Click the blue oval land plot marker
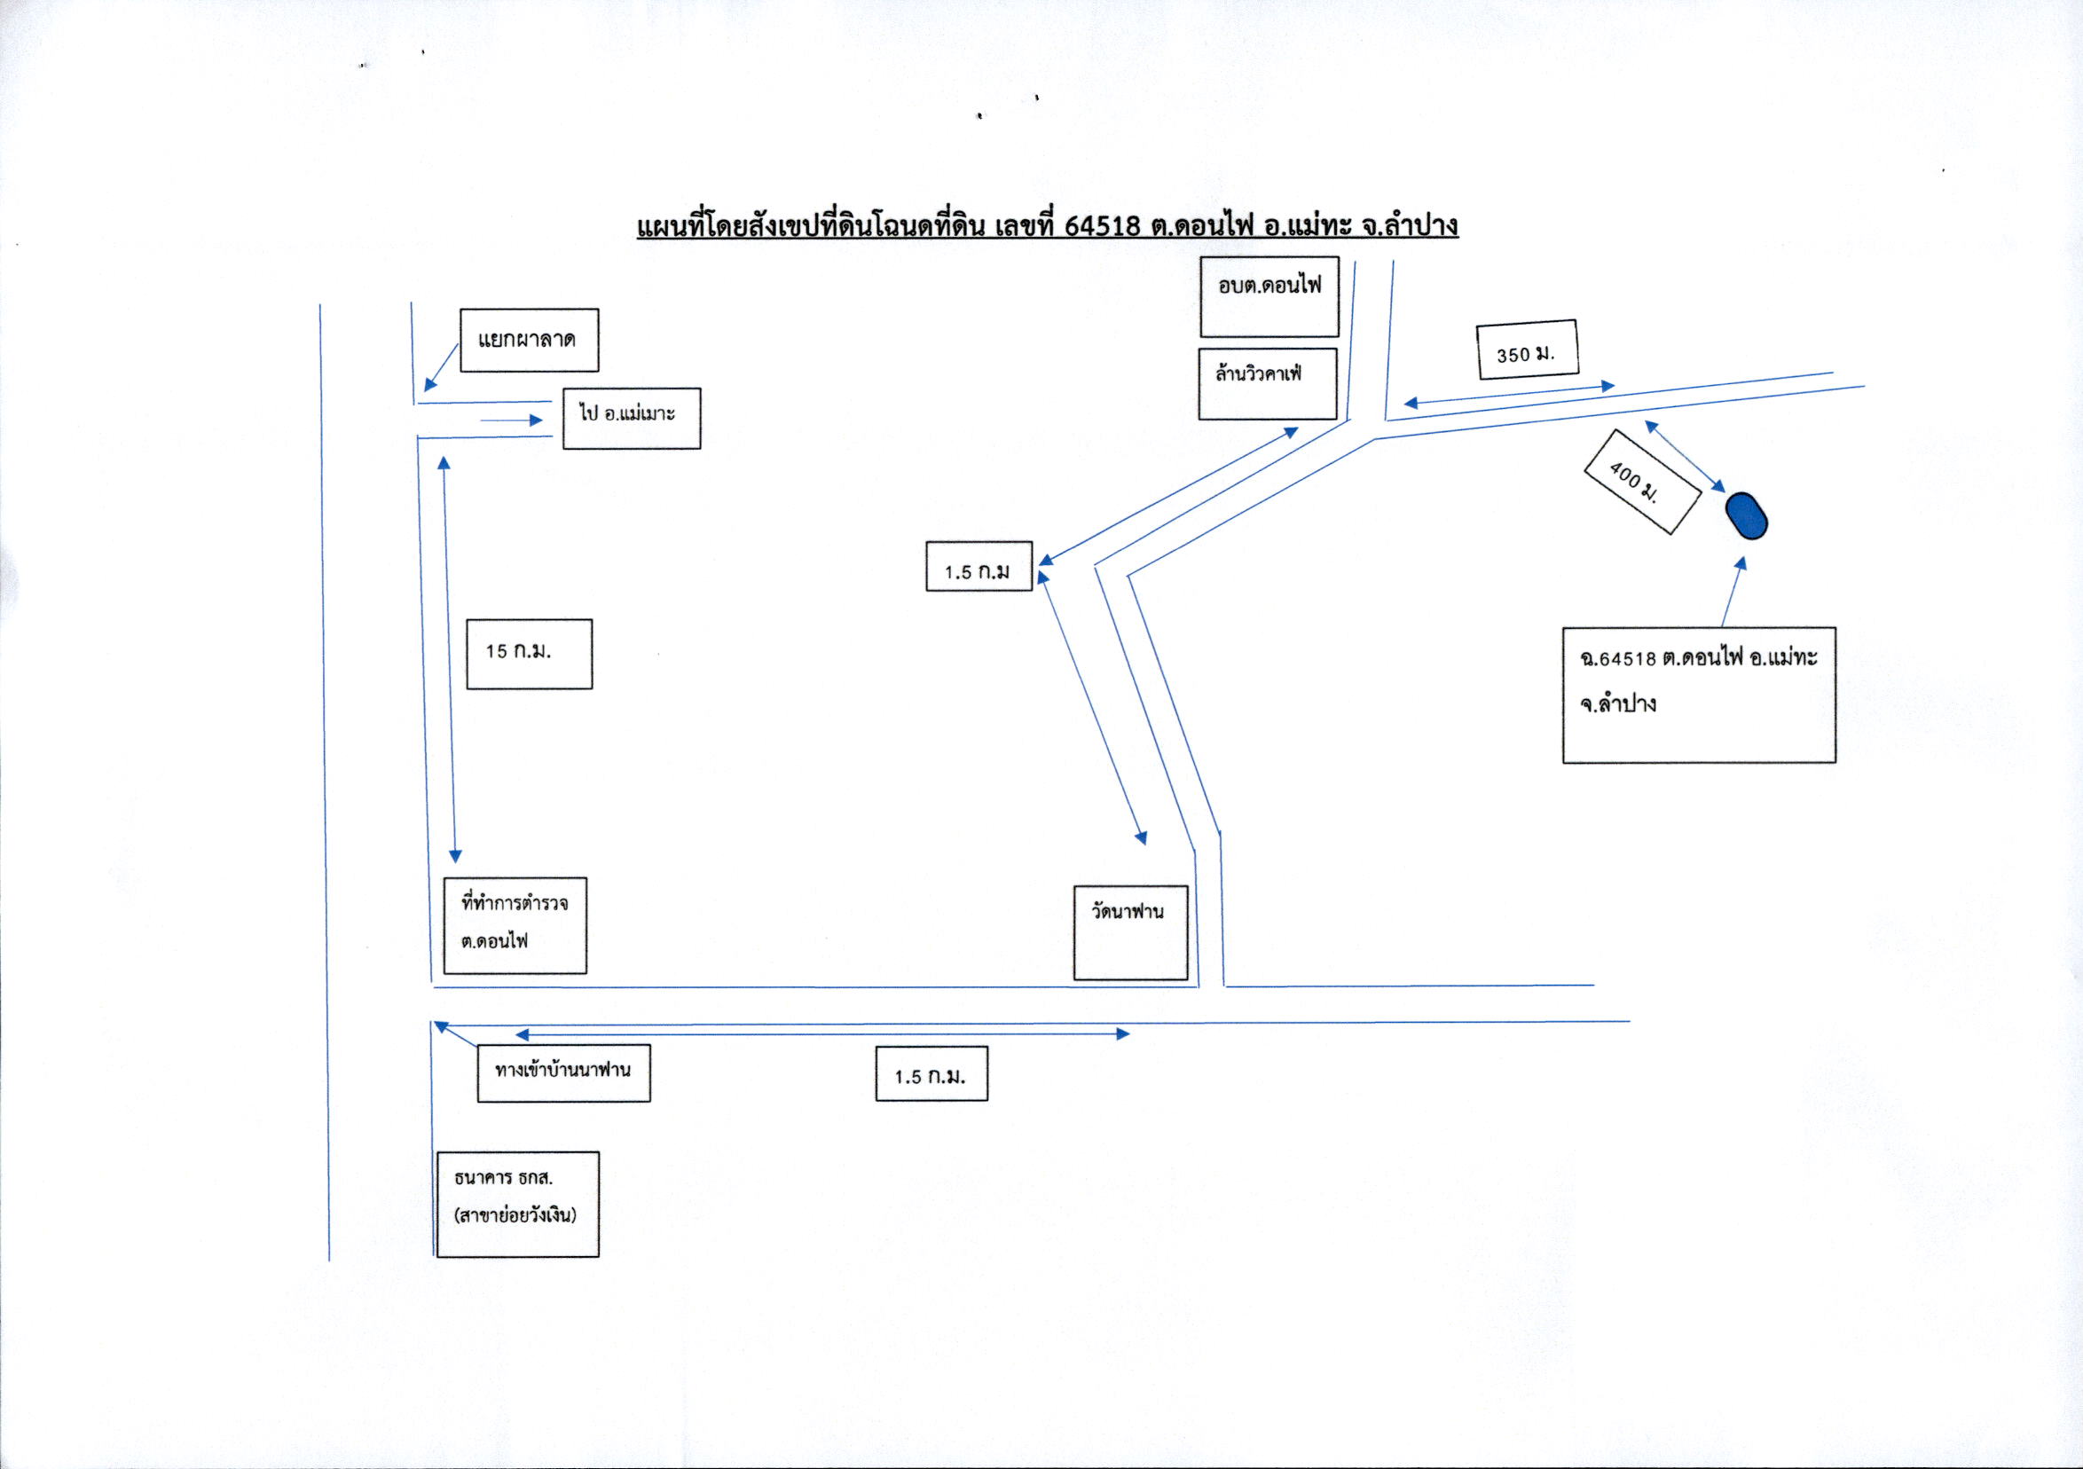(x=1747, y=515)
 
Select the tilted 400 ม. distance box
(x=1641, y=481)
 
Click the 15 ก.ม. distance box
(x=529, y=654)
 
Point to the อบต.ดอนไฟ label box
(x=1269, y=296)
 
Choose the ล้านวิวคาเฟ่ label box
(x=1268, y=384)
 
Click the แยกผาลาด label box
(x=529, y=341)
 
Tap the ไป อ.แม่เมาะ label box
(x=632, y=419)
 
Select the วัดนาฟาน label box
(x=1130, y=932)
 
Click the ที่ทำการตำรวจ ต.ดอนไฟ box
(x=515, y=925)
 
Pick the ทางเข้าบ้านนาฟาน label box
(x=563, y=1074)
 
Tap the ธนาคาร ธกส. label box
(x=518, y=1204)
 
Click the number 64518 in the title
(x=1101, y=225)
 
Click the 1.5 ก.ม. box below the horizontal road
(x=931, y=1074)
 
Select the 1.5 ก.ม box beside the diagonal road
(x=979, y=566)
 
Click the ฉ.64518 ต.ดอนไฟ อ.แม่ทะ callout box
(x=1699, y=695)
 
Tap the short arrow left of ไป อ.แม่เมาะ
(x=511, y=420)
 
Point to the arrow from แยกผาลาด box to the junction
(x=441, y=367)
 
